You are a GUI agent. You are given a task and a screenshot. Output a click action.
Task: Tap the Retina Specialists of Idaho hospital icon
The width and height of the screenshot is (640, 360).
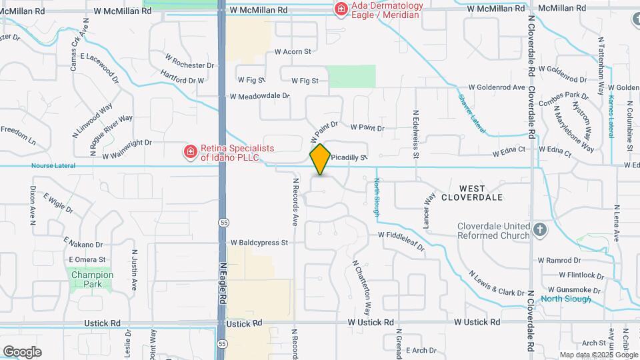(x=191, y=151)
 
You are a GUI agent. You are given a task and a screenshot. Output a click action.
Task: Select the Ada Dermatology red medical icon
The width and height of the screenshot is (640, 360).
(x=341, y=9)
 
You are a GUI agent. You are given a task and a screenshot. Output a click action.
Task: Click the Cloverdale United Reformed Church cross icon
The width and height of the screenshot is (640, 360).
(x=540, y=231)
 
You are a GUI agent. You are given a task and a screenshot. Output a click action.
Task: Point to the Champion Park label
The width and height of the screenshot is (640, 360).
(x=92, y=275)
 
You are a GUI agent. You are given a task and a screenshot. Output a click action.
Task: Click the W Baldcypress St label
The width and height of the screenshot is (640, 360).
(x=259, y=243)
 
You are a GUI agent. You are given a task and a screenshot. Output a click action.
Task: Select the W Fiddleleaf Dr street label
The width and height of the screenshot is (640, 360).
(x=401, y=241)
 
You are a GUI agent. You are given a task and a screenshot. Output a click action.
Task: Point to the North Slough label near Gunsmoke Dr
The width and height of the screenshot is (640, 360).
(x=565, y=299)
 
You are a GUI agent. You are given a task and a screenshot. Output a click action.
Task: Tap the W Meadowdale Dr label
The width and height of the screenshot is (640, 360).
(x=259, y=96)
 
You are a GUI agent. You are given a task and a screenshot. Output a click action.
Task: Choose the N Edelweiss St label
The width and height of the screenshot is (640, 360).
(x=415, y=133)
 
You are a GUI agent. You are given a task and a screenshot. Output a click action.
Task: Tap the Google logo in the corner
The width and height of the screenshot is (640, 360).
(x=22, y=351)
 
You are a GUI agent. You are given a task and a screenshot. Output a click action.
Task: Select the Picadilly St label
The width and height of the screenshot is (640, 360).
(x=349, y=158)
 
